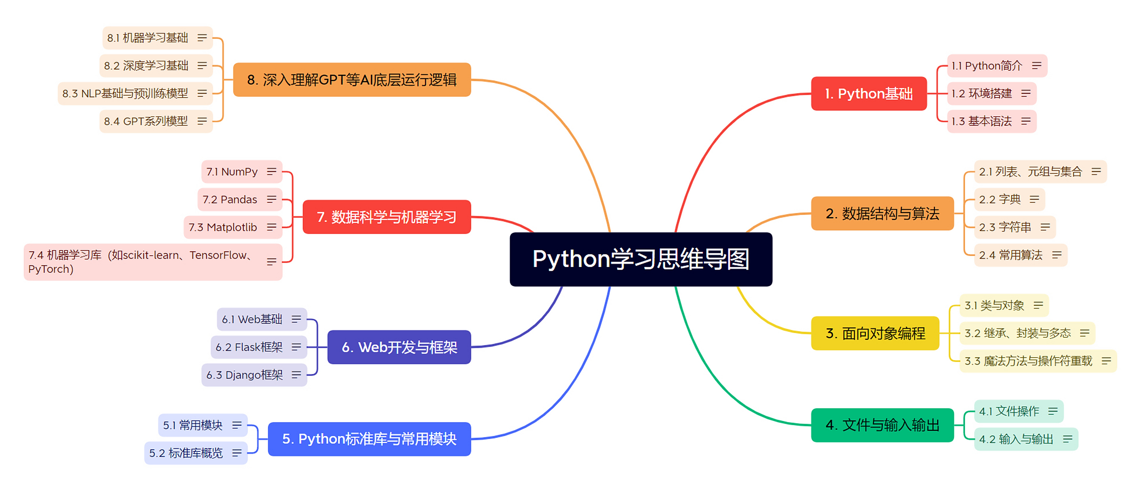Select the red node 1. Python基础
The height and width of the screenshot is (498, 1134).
(868, 93)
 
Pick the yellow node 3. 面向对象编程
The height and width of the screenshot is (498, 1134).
(875, 333)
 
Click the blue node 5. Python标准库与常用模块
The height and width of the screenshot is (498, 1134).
(369, 439)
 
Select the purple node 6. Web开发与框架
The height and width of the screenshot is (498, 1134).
(399, 347)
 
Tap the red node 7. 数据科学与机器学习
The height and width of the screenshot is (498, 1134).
(387, 217)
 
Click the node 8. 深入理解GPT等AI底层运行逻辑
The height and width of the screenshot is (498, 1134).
(351, 80)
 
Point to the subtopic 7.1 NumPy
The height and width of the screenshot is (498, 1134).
(232, 172)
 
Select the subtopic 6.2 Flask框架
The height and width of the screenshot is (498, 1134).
(249, 347)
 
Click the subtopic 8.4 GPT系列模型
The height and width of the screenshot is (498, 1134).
(146, 121)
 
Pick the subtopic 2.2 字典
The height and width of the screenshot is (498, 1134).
(999, 200)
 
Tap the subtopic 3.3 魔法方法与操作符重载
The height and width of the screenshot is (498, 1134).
(1028, 361)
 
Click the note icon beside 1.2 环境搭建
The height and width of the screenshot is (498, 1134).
(1026, 93)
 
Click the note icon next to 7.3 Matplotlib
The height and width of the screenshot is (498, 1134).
(271, 227)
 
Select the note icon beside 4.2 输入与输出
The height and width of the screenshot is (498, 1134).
(1067, 439)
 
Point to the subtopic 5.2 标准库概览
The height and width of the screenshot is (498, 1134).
(186, 453)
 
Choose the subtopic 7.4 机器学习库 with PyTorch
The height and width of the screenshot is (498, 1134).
(141, 262)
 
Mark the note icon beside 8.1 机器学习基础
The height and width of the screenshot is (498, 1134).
(202, 38)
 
